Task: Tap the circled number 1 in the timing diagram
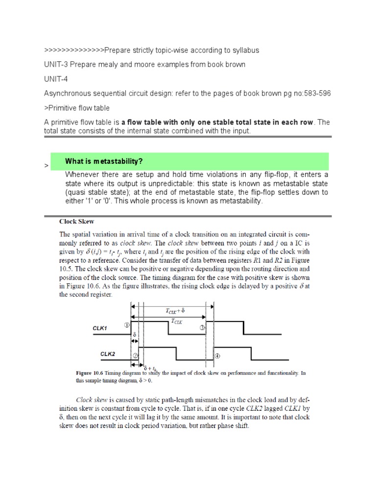[126, 325]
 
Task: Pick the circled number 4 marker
[218, 356]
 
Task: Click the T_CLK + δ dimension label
[175, 310]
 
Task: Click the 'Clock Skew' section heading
[77, 222]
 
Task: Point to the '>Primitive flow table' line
[77, 107]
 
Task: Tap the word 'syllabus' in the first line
[244, 50]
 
